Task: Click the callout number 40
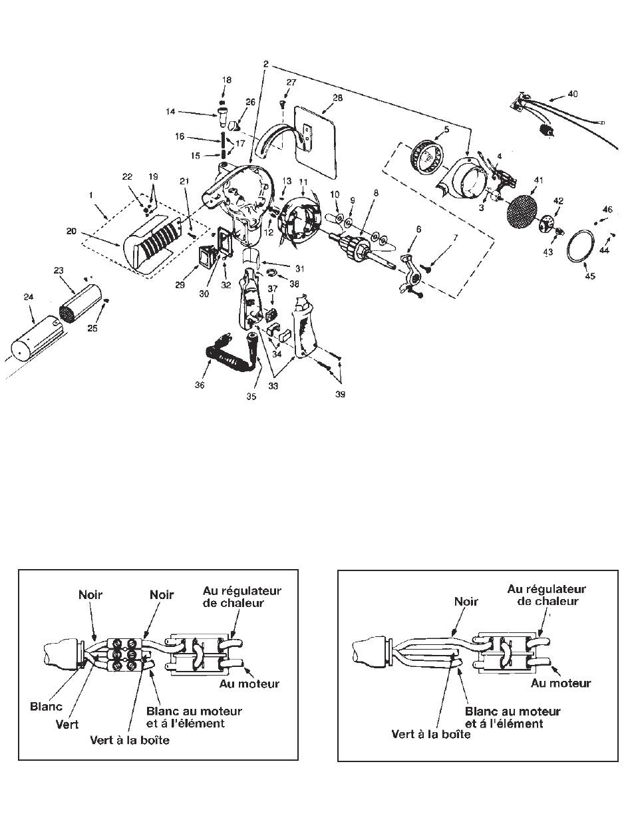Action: pos(572,94)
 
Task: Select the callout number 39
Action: pos(341,394)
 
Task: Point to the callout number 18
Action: pos(227,80)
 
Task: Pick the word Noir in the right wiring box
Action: pos(467,600)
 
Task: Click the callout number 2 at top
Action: pos(265,64)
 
